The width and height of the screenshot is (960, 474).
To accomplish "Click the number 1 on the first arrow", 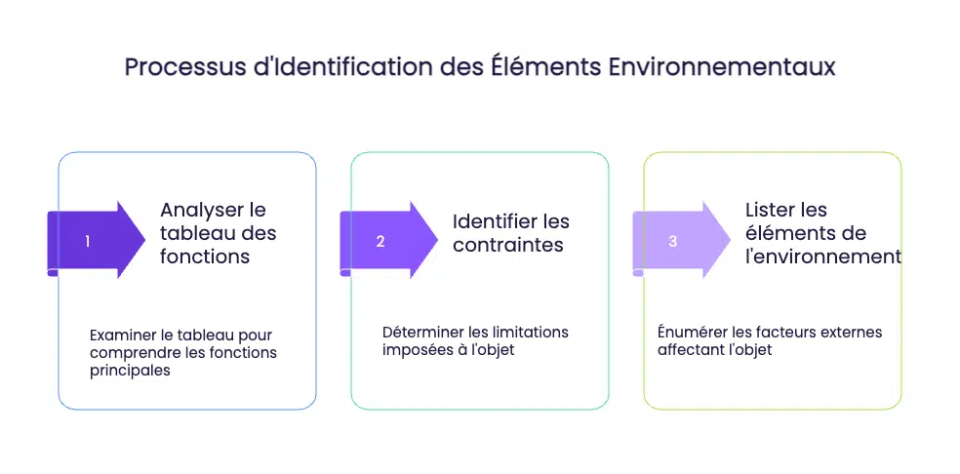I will [88, 241].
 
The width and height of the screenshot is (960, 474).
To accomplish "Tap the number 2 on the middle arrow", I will [380, 241].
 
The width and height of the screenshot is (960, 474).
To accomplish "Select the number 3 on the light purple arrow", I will [673, 241].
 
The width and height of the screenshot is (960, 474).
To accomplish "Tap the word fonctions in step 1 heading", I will [205, 257].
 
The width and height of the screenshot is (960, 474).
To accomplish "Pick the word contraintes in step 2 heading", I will [508, 245].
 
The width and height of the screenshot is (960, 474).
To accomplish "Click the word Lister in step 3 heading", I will [773, 210].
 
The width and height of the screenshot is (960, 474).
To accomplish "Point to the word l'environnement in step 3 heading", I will [822, 257].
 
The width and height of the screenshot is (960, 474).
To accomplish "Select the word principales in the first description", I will [130, 370].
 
